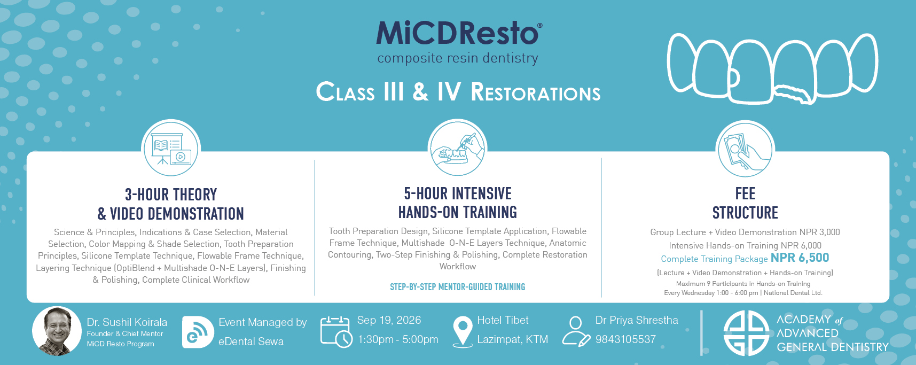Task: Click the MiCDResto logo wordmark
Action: tap(459, 33)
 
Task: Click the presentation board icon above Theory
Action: tap(171, 148)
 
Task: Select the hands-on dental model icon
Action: tap(458, 148)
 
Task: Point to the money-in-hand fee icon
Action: tap(745, 149)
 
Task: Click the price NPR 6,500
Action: tap(800, 258)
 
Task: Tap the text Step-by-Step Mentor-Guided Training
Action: tap(458, 287)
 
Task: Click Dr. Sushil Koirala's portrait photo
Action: tap(57, 331)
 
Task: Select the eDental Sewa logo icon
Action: tap(198, 332)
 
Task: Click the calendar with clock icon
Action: tap(336, 331)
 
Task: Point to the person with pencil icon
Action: tap(577, 331)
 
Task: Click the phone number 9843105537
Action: tap(625, 339)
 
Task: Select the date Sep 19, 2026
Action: tap(389, 320)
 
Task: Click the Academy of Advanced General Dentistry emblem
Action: tap(746, 333)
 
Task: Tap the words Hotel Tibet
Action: tap(503, 320)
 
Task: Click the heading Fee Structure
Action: tap(745, 203)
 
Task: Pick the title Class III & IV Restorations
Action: tap(458, 92)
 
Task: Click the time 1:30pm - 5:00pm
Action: tap(398, 339)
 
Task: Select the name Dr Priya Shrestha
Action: tap(637, 320)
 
